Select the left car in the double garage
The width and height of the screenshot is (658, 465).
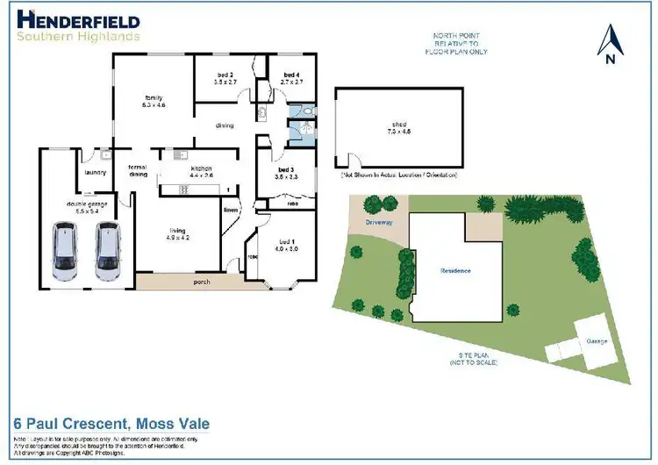pyautogui.click(x=66, y=252)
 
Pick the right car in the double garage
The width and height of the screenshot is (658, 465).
pyautogui.click(x=108, y=252)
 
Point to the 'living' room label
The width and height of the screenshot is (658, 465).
pyautogui.click(x=178, y=233)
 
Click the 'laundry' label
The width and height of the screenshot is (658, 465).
pyautogui.click(x=95, y=172)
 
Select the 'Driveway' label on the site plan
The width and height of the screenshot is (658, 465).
pyautogui.click(x=379, y=223)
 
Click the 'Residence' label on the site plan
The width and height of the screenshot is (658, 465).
pyautogui.click(x=455, y=271)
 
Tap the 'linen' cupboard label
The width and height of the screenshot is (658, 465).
pyautogui.click(x=231, y=211)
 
